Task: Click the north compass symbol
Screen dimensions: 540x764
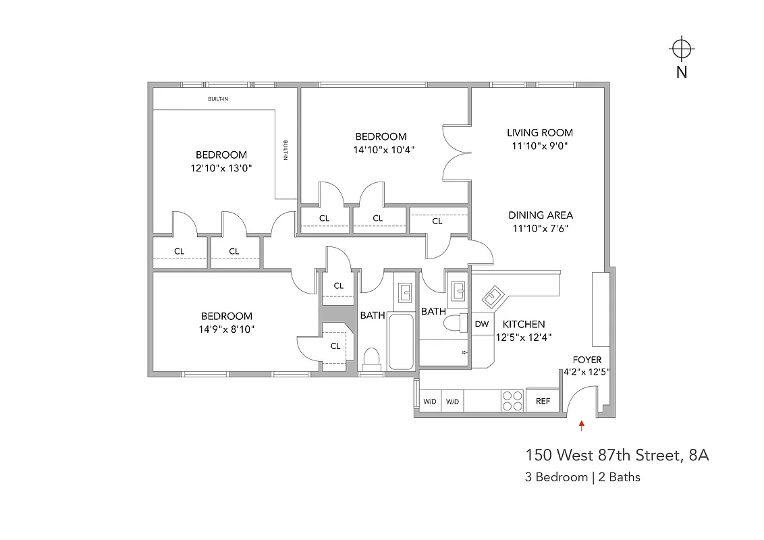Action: click(x=682, y=49)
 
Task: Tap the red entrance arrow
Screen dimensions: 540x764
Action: click(x=581, y=425)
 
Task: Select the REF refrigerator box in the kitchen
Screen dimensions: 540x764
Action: click(x=543, y=401)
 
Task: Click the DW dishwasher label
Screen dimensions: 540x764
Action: click(x=482, y=324)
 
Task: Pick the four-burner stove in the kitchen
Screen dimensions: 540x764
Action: click(x=512, y=401)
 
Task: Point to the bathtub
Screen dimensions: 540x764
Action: click(x=402, y=342)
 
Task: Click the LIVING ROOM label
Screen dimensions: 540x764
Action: click(x=540, y=133)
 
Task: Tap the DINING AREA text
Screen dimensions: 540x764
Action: click(x=541, y=215)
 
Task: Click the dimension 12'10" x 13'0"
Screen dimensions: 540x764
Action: click(x=221, y=168)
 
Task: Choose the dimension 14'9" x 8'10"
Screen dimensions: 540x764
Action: click(x=226, y=329)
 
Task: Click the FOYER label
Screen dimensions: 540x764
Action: click(x=586, y=360)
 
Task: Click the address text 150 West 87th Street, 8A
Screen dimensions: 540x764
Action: click(x=617, y=456)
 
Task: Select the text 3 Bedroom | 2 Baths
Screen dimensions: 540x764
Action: click(x=582, y=477)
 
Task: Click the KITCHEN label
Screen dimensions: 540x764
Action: click(x=523, y=324)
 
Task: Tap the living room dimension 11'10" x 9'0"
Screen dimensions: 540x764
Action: click(x=540, y=146)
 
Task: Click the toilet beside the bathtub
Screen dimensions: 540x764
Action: click(x=371, y=358)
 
